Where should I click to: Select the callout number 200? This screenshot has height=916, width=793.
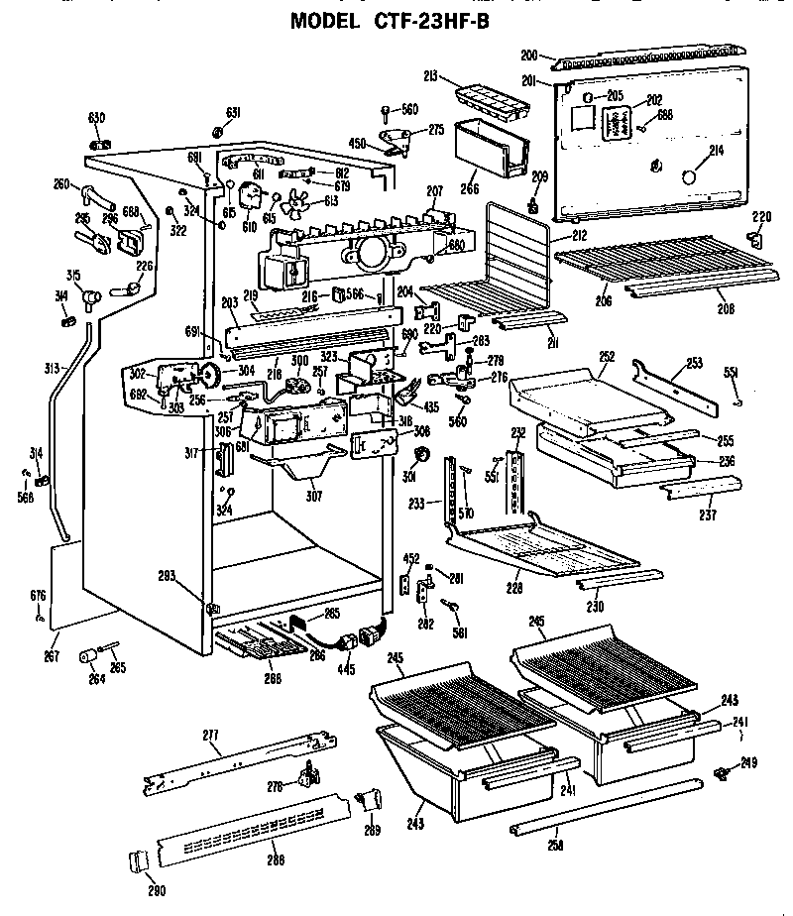(529, 56)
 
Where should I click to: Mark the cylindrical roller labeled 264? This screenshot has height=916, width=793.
(90, 654)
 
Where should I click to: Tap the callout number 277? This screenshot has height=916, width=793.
(210, 735)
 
